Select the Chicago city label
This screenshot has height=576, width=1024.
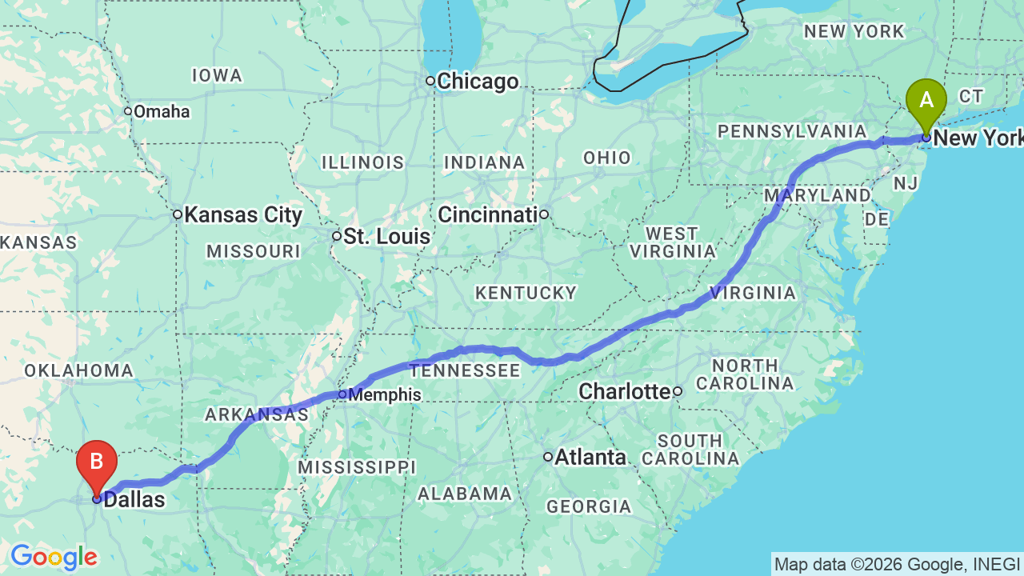[477, 82]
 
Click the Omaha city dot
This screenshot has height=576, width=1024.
[128, 111]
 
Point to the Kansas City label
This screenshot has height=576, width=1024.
[243, 214]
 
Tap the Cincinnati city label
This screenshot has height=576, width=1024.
[487, 214]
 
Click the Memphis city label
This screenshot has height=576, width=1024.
[385, 395]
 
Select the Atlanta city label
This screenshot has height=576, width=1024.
[590, 458]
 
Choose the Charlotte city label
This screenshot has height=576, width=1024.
[624, 392]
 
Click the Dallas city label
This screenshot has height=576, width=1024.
[134, 501]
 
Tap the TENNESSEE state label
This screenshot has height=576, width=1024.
[465, 370]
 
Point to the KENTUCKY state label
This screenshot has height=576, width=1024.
[526, 294]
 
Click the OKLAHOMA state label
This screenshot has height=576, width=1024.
[78, 370]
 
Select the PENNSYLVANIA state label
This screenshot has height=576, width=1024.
[791, 131]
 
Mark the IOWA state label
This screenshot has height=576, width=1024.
[217, 76]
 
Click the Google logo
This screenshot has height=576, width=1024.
[54, 557]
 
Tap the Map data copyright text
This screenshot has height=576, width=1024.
[897, 565]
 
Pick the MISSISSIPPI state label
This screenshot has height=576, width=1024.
[357, 467]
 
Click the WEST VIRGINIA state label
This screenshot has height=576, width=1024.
[672, 242]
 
